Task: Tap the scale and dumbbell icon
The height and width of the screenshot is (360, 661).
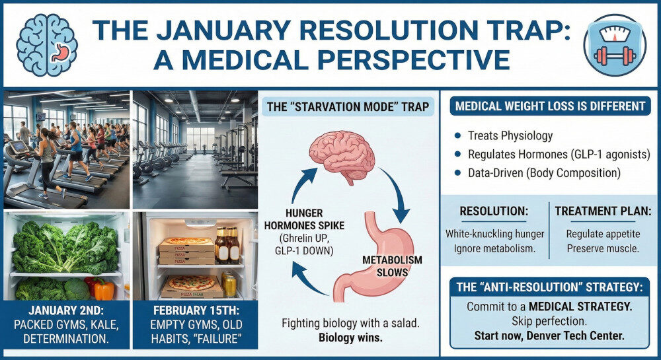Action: coord(614,44)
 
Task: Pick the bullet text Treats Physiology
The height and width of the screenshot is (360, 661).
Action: coord(509,136)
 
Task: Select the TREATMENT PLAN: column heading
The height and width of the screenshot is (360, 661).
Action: coord(603,211)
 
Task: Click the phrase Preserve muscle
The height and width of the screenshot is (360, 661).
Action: coord(603,248)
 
